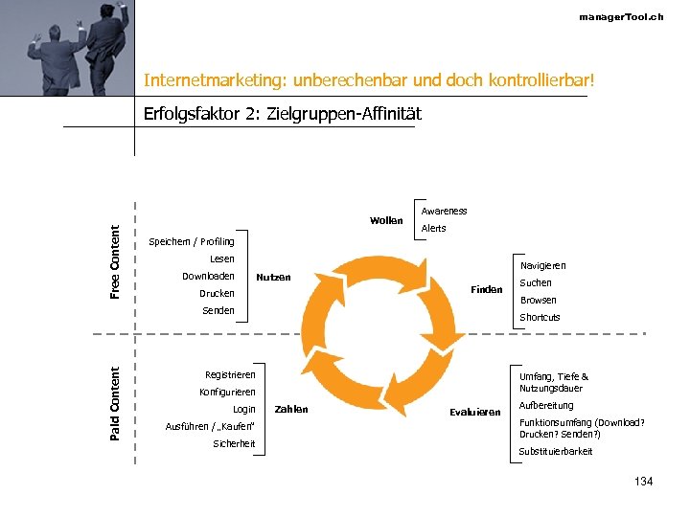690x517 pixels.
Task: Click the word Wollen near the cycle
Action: [x=386, y=220]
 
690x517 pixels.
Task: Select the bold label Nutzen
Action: [x=273, y=278]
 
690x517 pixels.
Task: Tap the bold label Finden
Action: [x=486, y=289]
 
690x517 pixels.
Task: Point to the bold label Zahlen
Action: [x=291, y=409]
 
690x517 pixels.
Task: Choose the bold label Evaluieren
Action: [x=475, y=412]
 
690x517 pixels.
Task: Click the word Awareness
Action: [x=444, y=211]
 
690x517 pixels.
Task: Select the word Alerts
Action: [x=433, y=229]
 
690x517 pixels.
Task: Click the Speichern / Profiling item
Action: [x=192, y=242]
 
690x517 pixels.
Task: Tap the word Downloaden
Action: [x=208, y=277]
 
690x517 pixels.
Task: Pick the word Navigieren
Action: [x=542, y=265]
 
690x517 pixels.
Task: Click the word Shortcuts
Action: [x=540, y=317]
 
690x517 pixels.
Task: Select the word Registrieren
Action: [x=230, y=374]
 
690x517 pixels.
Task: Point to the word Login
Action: [x=244, y=409]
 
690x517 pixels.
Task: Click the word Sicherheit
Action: [x=234, y=443]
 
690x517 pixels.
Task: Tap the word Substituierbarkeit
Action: [x=556, y=451]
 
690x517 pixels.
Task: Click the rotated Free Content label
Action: [x=116, y=261]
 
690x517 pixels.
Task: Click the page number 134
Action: [x=643, y=481]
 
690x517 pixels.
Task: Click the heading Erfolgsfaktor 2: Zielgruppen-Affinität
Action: [x=282, y=114]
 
